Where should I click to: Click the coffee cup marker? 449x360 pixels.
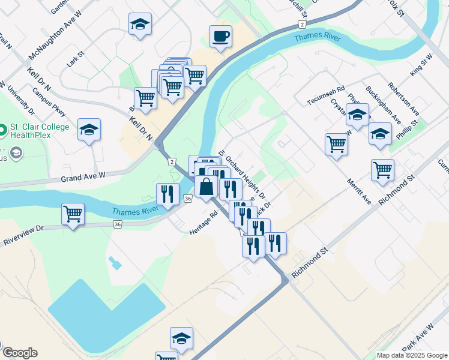pos(220,37)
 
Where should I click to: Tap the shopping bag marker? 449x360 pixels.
pos(206,187)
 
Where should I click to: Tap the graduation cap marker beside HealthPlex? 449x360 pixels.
pos(89,130)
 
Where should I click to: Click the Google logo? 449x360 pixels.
pos(20,353)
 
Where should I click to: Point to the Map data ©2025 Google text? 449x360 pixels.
pos(411,355)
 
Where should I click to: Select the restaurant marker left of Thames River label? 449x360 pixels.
pos(167,194)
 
